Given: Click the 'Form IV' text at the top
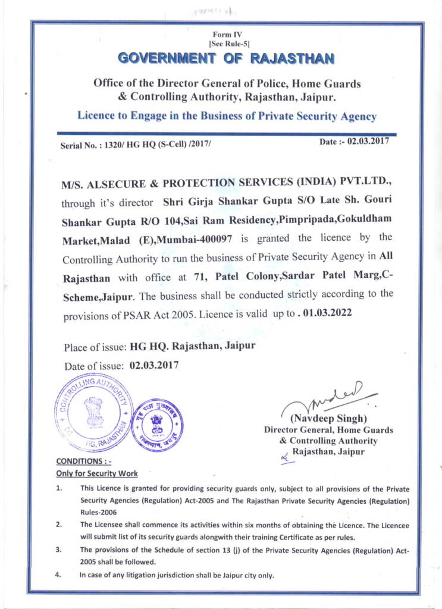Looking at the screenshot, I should [225, 34].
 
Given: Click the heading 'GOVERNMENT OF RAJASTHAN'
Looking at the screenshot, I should [226, 58].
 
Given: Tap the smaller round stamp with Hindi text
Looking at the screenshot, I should [156, 424].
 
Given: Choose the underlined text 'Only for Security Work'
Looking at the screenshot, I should [96, 473].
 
